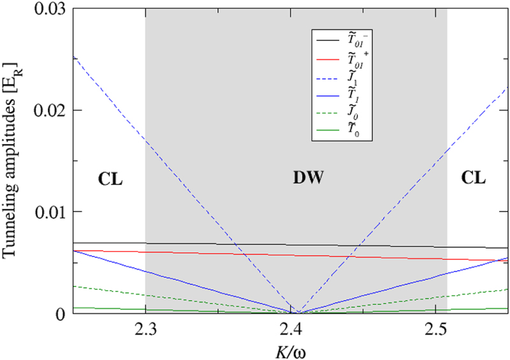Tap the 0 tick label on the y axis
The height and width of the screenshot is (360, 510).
coord(59,313)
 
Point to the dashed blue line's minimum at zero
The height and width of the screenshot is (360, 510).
coord(298,313)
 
